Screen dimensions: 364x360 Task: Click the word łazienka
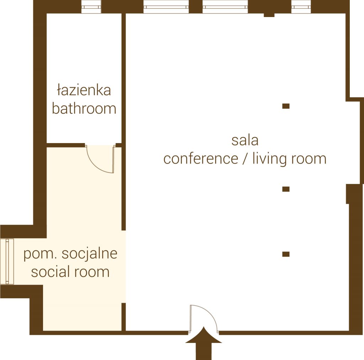84,90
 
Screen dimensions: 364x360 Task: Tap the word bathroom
84,108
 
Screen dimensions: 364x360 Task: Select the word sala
245,140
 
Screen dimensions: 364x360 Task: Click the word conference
201,159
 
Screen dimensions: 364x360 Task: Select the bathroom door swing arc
97,165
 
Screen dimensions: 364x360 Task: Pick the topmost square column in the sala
286,106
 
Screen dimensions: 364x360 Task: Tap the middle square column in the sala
286,189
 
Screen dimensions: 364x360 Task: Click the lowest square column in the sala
286,254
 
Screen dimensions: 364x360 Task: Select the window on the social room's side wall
7,262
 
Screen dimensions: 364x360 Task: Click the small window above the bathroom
91,7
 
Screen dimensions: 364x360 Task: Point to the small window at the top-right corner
301,7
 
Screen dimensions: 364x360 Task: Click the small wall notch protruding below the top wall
269,15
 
